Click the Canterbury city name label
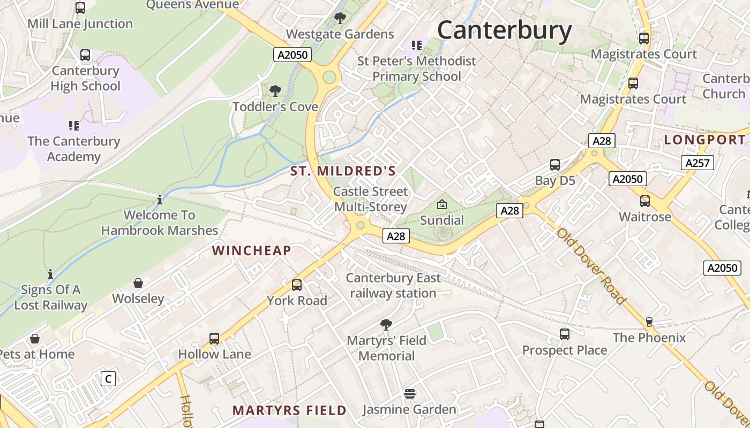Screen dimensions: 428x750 click(505, 30)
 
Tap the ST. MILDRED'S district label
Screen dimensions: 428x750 click(343, 171)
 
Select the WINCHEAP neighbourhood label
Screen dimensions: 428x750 click(252, 250)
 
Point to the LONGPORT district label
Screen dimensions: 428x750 click(704, 140)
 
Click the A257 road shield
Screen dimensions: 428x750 click(697, 163)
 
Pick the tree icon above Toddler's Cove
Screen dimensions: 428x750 click(275, 91)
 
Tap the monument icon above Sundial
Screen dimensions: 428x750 click(442, 204)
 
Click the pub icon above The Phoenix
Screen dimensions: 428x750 click(649, 322)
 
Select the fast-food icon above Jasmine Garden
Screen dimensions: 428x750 click(410, 394)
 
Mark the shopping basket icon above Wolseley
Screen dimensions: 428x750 click(138, 282)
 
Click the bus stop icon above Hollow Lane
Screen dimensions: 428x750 click(214, 338)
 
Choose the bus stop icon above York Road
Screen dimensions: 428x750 click(297, 285)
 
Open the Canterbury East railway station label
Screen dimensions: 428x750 click(393, 286)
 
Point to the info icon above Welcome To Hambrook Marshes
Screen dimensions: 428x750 click(159, 200)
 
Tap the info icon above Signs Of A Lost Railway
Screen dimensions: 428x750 click(50, 274)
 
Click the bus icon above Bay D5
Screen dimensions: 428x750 click(555, 165)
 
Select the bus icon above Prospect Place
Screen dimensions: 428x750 click(564, 334)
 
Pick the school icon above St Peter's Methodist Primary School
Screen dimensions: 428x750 click(416, 45)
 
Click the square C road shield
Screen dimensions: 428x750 click(108, 379)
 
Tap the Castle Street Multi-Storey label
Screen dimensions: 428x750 click(370, 199)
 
